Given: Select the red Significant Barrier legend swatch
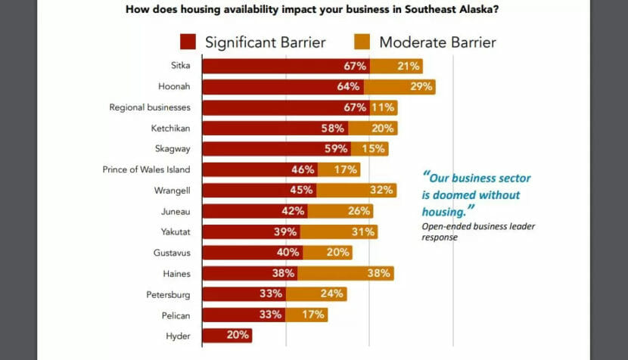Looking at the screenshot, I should pyautogui.click(x=188, y=42).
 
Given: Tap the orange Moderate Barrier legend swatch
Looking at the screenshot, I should pyautogui.click(x=362, y=42).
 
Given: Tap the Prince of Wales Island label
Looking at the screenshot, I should pyautogui.click(x=146, y=169).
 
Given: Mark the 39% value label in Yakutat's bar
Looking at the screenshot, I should pyautogui.click(x=285, y=231).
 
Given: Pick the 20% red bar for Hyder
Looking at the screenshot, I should pyautogui.click(x=227, y=334).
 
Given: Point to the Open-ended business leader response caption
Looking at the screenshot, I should pyautogui.click(x=478, y=231).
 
